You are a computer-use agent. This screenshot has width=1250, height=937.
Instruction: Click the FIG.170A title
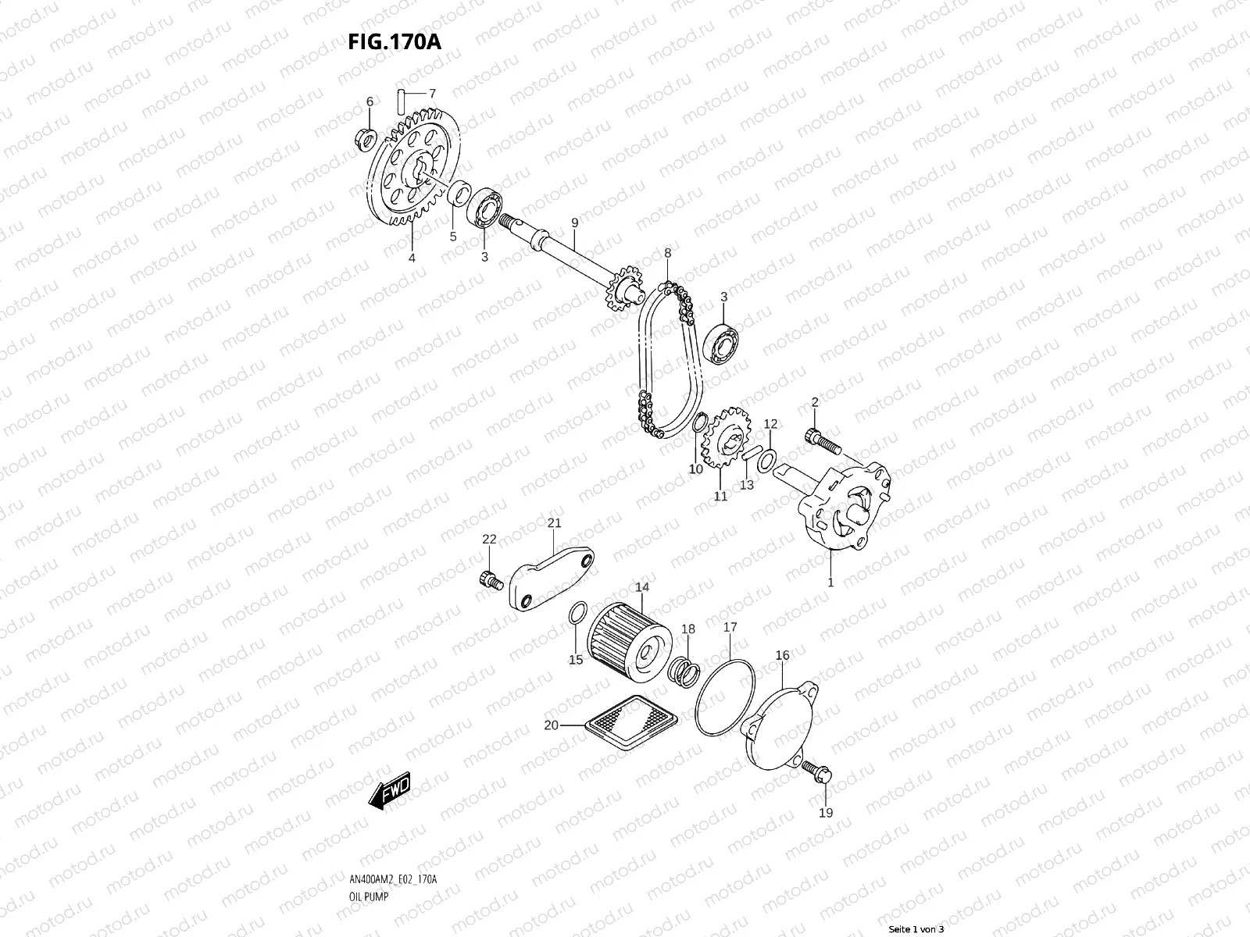click(394, 41)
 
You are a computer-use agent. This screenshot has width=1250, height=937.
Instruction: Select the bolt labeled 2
click(820, 440)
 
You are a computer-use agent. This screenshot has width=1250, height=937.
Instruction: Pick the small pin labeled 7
click(400, 102)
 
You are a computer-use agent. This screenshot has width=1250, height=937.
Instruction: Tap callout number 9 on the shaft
click(574, 223)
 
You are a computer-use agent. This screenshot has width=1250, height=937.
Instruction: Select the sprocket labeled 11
click(727, 440)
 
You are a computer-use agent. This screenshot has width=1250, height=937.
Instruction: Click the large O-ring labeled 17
click(724, 696)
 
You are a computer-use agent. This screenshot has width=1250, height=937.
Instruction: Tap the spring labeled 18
click(683, 670)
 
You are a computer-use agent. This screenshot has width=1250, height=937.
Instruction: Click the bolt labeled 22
click(489, 579)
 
